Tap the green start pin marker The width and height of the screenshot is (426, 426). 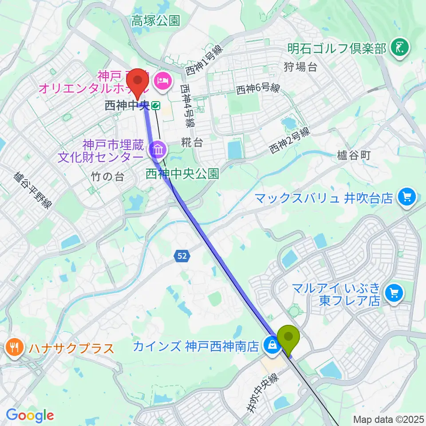(x=288, y=339)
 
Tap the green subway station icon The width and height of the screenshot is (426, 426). (x=155, y=106)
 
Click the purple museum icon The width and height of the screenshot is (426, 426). (x=158, y=150)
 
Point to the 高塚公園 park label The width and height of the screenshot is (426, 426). (x=155, y=20)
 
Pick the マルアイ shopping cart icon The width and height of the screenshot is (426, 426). (x=394, y=293)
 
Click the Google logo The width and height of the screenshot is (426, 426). (x=30, y=415)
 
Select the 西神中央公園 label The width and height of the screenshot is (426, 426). (x=182, y=173)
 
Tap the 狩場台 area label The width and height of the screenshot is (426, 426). (x=300, y=67)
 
